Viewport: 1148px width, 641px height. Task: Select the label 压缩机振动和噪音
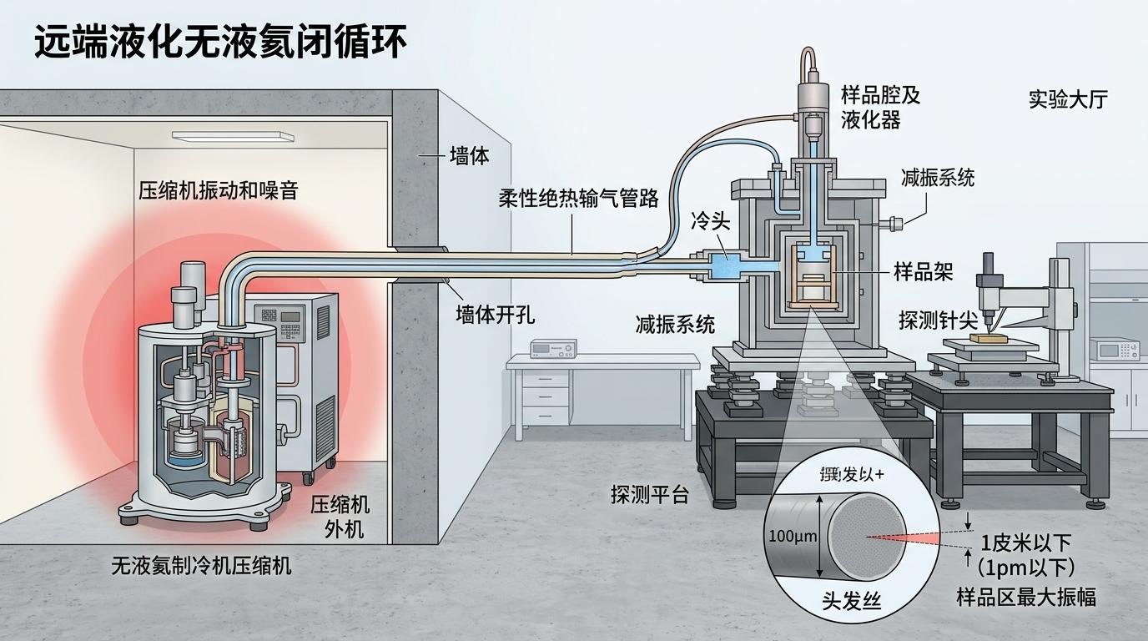(x=218, y=190)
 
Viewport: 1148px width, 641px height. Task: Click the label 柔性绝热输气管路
(x=578, y=198)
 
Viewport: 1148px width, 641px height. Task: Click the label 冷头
(x=711, y=223)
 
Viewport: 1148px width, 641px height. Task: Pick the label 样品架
(x=923, y=271)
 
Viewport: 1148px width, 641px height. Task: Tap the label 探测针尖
(x=938, y=320)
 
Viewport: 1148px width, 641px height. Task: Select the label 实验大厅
(x=1067, y=99)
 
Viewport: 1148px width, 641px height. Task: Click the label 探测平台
(x=650, y=494)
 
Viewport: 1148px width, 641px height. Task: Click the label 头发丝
(x=851, y=600)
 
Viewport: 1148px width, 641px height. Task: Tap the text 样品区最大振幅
(x=1025, y=597)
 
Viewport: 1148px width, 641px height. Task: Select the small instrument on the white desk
(x=553, y=348)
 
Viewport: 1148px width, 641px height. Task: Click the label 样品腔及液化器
(x=880, y=107)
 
